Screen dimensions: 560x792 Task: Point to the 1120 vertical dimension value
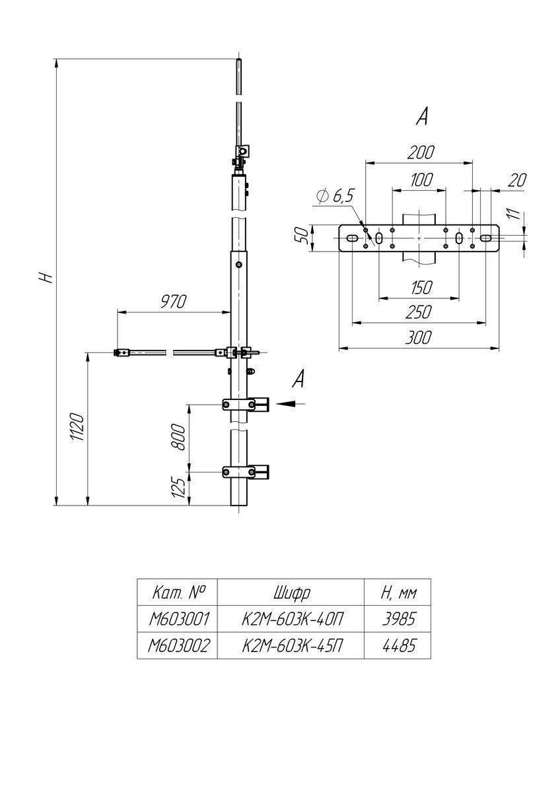pos(77,426)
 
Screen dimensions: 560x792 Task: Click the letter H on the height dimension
pos(46,277)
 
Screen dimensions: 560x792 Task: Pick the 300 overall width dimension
pos(419,338)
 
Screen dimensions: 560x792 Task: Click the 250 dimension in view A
pos(419,312)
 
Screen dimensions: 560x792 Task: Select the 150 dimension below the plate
pos(422,288)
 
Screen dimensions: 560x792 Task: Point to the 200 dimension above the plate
pos(420,152)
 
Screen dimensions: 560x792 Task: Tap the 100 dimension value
pos(422,180)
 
